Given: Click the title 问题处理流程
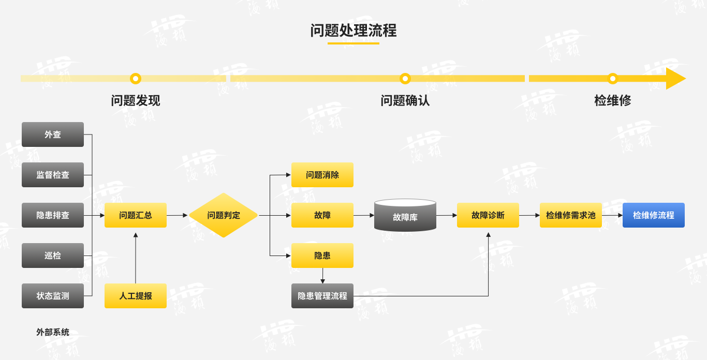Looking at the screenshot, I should [353, 31].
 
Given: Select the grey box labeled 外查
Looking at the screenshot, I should [53, 134].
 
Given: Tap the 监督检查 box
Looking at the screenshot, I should [53, 175].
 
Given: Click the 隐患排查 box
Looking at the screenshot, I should [53, 215].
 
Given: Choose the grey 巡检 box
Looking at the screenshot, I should [53, 256].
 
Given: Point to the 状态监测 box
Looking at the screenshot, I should [53, 296].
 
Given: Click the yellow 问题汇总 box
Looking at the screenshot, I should [136, 215].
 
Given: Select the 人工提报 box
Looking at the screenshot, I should [136, 296].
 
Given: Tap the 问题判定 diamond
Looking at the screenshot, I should [224, 215].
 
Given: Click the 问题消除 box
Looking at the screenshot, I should [322, 175].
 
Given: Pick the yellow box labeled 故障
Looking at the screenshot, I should [322, 215].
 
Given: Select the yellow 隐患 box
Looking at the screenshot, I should [322, 256].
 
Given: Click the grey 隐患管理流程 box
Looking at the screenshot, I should [322, 296].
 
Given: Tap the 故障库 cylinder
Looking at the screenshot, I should [405, 216].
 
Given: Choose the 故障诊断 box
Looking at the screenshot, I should [488, 215].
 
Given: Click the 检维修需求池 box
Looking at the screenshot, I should [571, 215].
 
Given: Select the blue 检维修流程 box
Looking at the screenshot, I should [654, 215].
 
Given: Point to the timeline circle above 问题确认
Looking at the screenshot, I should [405, 79].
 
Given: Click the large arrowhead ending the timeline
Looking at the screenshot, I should [675, 79].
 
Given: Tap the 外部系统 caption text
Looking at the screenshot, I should [53, 332].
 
